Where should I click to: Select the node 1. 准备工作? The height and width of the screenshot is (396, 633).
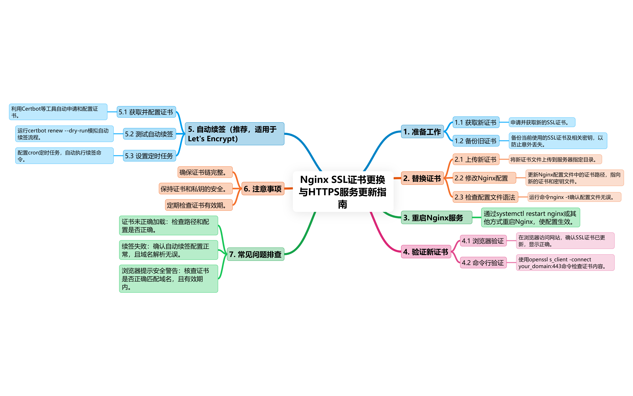422,132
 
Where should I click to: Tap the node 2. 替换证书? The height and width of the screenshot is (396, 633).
422,178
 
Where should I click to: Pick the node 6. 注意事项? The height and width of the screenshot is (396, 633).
262,189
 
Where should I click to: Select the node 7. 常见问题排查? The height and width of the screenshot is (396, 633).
255,254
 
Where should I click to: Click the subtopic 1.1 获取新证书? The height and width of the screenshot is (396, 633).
476,122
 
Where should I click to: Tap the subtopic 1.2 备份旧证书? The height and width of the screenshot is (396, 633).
476,141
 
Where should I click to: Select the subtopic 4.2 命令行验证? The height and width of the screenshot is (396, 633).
483,263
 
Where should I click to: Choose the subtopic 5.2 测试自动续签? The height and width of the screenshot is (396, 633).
149,134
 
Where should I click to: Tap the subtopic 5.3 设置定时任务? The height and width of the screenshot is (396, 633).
149,156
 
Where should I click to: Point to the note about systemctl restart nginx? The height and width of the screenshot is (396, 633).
530,218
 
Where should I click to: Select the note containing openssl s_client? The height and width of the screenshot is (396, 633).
565,263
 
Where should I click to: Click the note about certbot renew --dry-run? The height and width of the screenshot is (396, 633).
64,134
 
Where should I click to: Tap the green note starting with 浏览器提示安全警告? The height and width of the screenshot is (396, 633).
168,279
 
